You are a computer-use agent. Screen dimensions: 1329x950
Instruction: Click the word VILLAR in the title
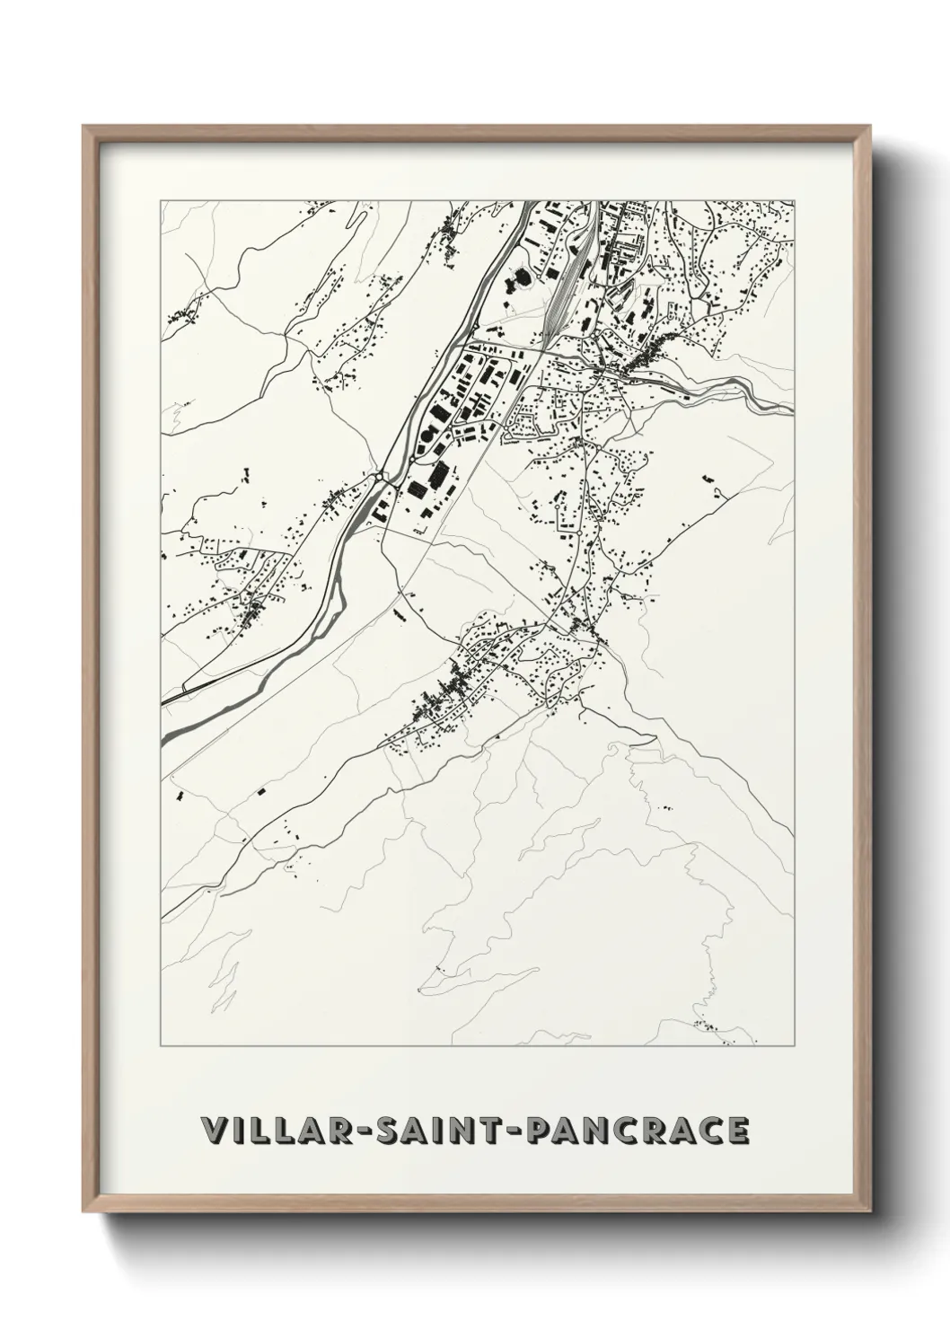pos(270,1131)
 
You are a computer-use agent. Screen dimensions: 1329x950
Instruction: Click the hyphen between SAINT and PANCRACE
pos(511,1131)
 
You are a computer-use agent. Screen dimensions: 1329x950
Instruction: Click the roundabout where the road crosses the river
pos(383,474)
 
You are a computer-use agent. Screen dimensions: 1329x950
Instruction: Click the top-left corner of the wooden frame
pos(84,127)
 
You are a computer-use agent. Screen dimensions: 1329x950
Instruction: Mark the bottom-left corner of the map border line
pos(161,1047)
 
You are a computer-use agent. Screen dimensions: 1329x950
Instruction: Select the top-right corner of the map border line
pos(794,200)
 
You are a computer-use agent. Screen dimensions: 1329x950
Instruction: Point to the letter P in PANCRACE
pos(537,1131)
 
